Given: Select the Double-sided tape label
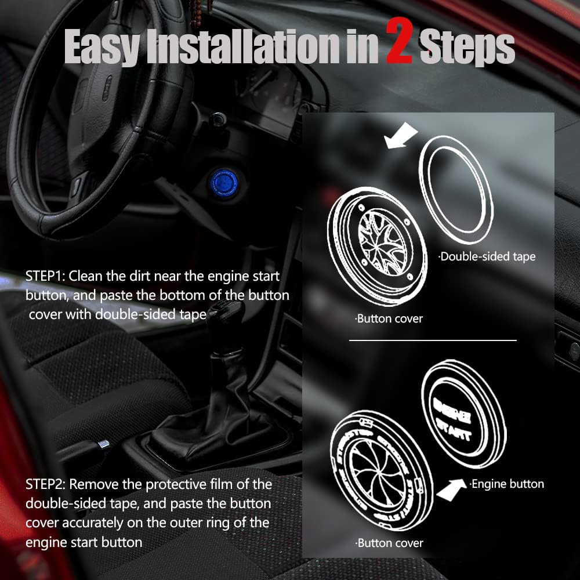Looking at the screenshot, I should tap(487, 256).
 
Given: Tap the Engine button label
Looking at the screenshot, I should tap(507, 483).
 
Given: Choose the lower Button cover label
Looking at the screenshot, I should tap(389, 543).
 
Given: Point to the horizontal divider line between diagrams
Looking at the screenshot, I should tap(432, 340).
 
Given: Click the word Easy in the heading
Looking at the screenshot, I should tap(101, 48).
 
